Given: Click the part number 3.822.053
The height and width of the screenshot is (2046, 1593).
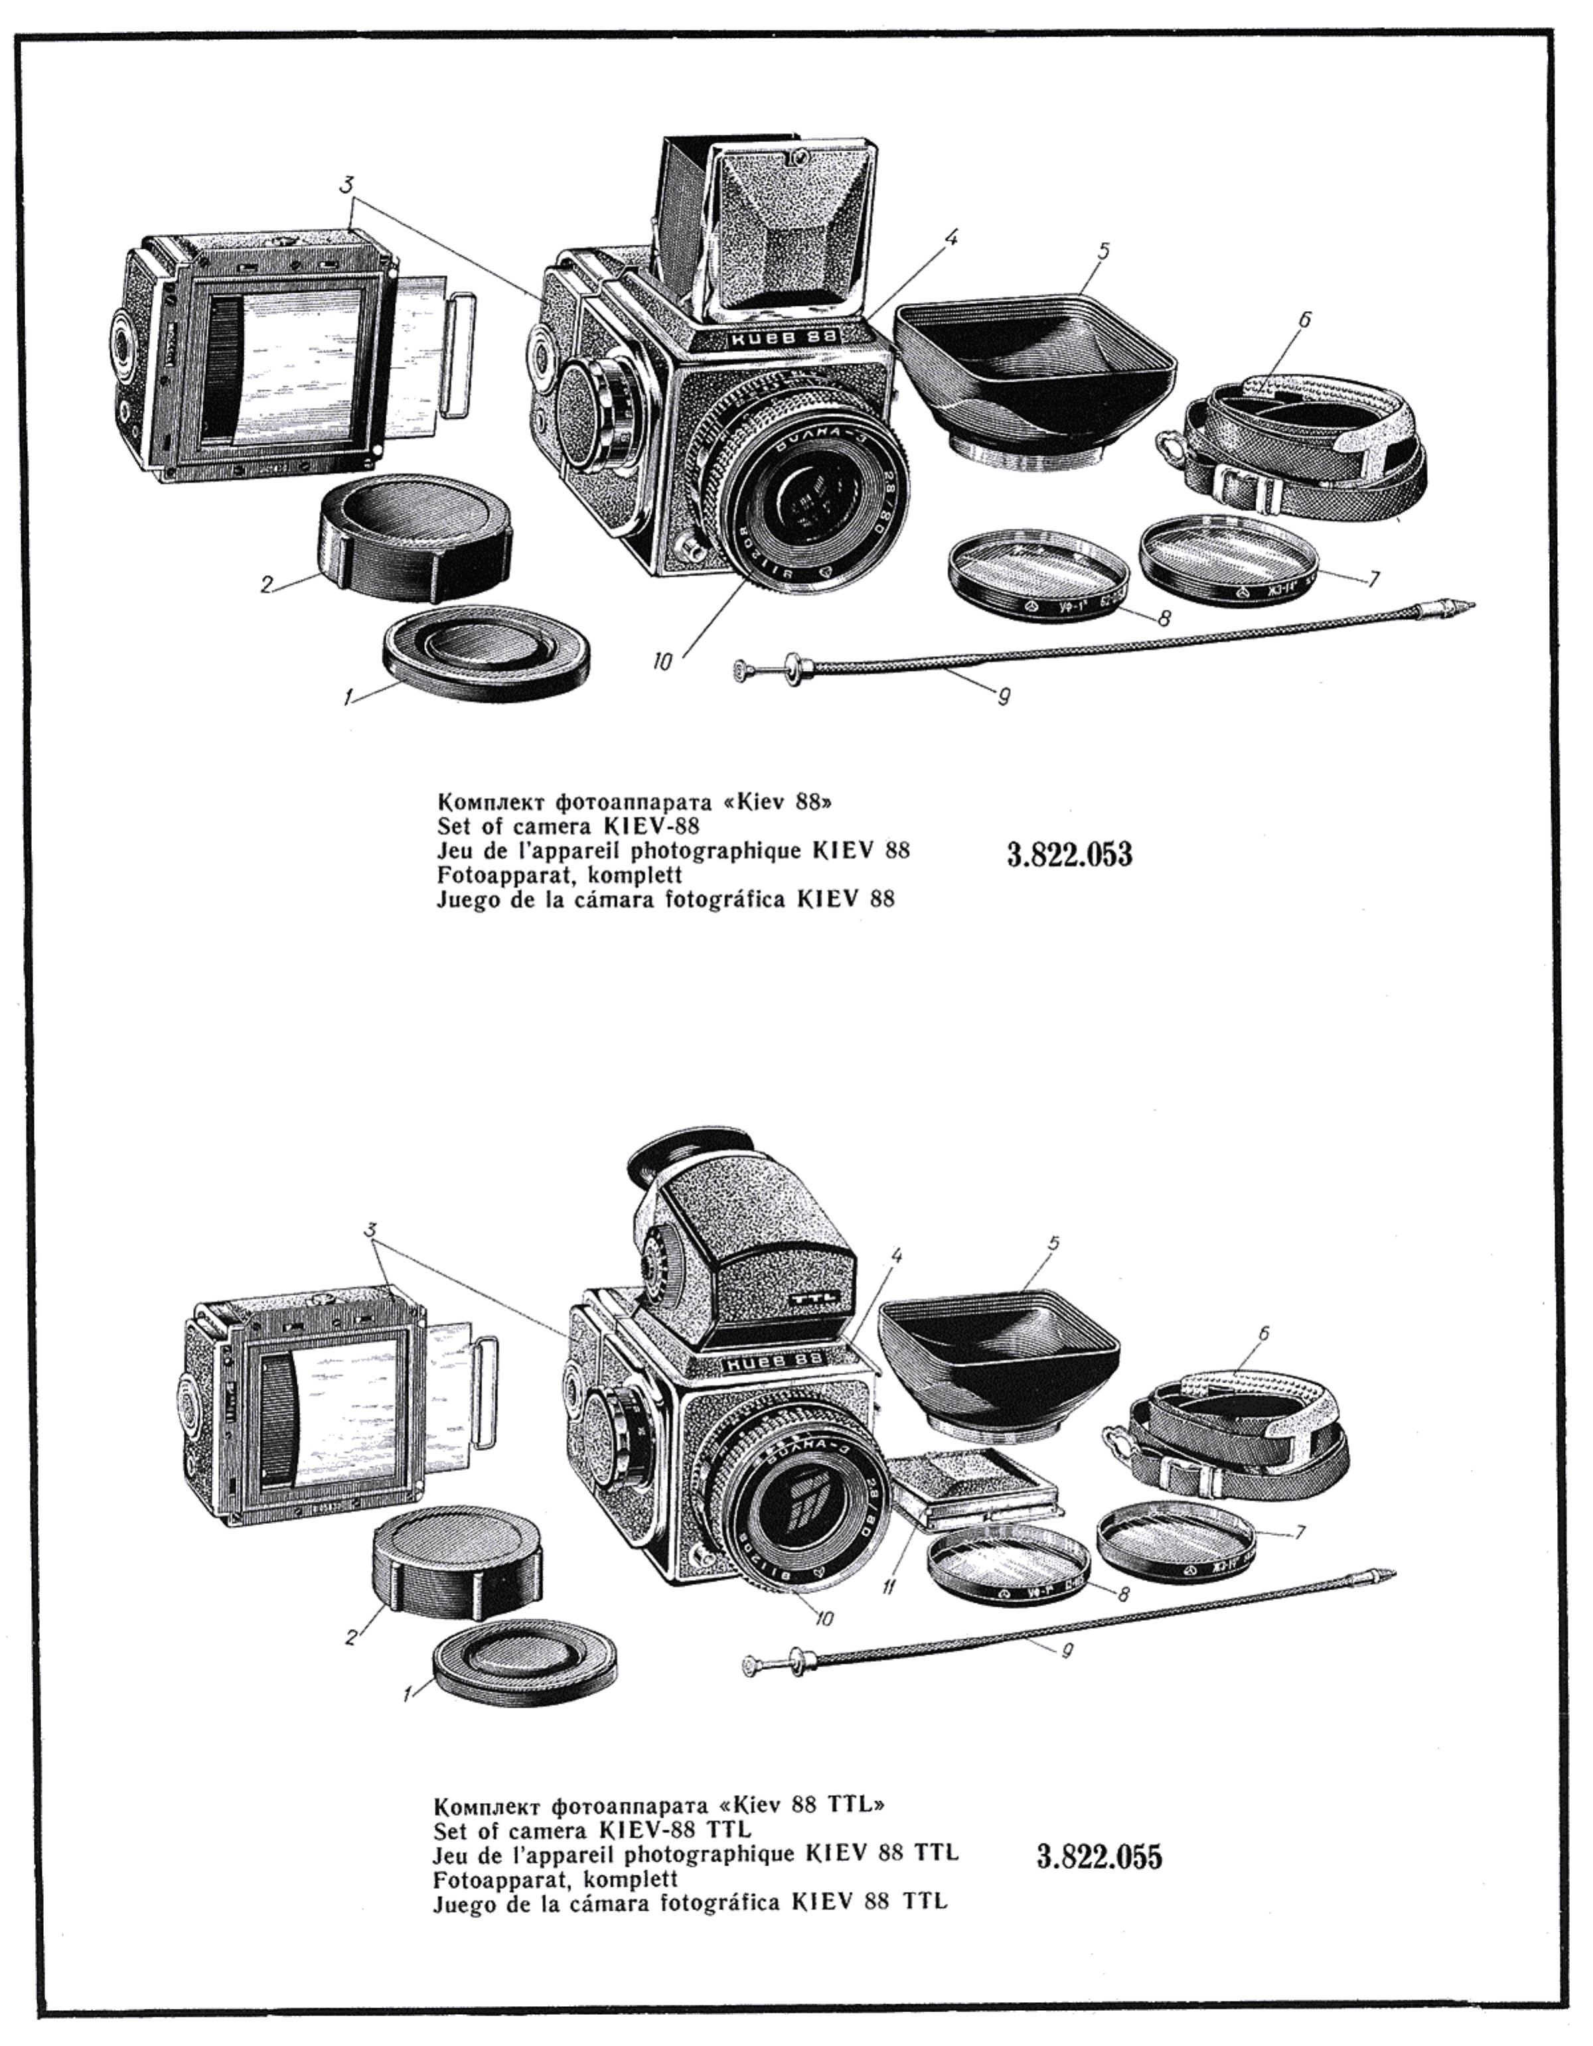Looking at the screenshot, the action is click(x=1069, y=854).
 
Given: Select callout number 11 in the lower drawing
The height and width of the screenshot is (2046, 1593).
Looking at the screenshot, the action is click(x=888, y=1585).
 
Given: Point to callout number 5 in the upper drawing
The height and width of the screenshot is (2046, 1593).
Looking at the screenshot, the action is click(x=1104, y=250).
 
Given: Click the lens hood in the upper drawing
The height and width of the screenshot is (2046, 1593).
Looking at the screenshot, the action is click(x=1031, y=375).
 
